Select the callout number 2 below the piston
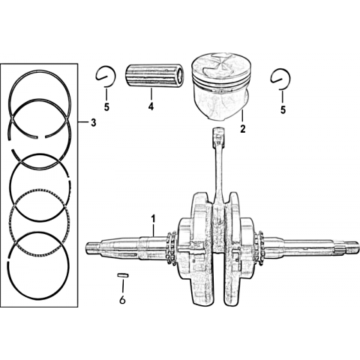(242, 129)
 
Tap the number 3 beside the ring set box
(93, 122)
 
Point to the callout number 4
(151, 106)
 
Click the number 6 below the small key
(122, 300)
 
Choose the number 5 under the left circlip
(106, 107)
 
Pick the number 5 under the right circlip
(283, 109)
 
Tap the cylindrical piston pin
(154, 76)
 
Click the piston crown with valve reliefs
(220, 65)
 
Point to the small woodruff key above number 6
(123, 275)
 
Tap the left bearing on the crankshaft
(171, 249)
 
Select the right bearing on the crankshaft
(260, 248)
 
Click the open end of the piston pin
(180, 76)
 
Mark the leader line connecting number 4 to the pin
(151, 95)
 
